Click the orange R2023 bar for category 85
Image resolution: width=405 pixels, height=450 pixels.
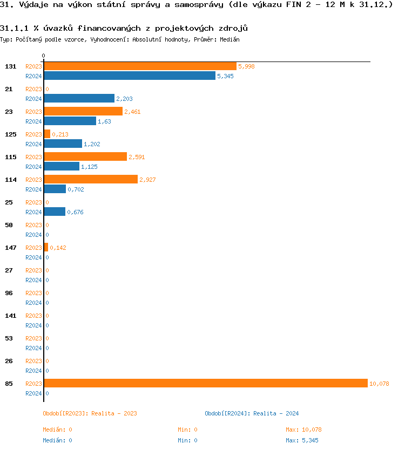pos(205,383)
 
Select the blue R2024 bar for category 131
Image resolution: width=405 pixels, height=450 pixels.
pos(130,76)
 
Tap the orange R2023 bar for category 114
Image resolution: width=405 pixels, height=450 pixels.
pos(91,179)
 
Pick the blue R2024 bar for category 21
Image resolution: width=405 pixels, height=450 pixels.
pos(79,99)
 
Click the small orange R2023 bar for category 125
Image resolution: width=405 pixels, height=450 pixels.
pos(47,134)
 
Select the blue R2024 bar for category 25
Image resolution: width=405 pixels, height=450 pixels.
pos(55,212)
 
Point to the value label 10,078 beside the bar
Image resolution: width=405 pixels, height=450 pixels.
pos(379,384)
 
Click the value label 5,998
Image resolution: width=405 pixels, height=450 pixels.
pos(246,66)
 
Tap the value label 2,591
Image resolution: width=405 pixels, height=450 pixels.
pos(137,157)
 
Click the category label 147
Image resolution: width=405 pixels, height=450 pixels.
pos(11,248)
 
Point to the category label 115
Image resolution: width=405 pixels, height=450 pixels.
pos(11,157)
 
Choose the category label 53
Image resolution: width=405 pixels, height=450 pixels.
pos(9,338)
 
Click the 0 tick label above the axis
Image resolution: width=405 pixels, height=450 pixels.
pos(44,56)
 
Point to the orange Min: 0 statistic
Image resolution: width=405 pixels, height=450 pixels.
pos(187,429)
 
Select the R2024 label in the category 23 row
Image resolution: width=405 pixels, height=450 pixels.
pos(33,121)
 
